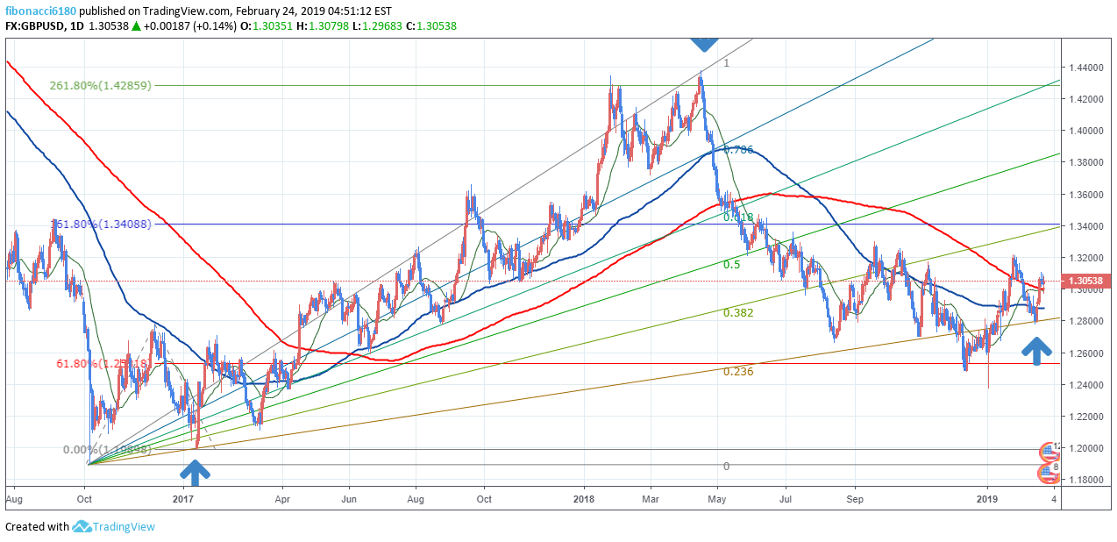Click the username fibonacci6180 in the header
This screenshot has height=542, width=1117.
click(x=41, y=10)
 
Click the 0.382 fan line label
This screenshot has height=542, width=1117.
click(x=737, y=312)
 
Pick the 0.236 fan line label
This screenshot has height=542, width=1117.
click(x=737, y=371)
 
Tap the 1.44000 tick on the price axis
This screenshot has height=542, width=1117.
click(x=1085, y=68)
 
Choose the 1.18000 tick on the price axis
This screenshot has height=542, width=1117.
click(x=1085, y=480)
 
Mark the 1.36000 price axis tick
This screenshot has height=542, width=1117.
click(x=1085, y=195)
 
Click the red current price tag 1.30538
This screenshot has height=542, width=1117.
click(x=1089, y=282)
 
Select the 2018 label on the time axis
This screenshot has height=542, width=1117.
click(x=585, y=499)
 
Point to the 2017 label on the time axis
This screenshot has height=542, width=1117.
click(x=182, y=499)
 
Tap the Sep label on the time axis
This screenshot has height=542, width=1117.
click(x=856, y=499)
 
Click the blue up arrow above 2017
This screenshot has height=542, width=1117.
click(x=195, y=474)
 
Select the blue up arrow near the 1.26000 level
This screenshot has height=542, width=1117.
click(x=1037, y=352)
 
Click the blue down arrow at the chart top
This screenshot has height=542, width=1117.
click(x=704, y=41)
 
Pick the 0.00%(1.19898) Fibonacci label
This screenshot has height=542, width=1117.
click(x=108, y=449)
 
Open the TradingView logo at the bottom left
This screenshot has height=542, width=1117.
click(x=114, y=527)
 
